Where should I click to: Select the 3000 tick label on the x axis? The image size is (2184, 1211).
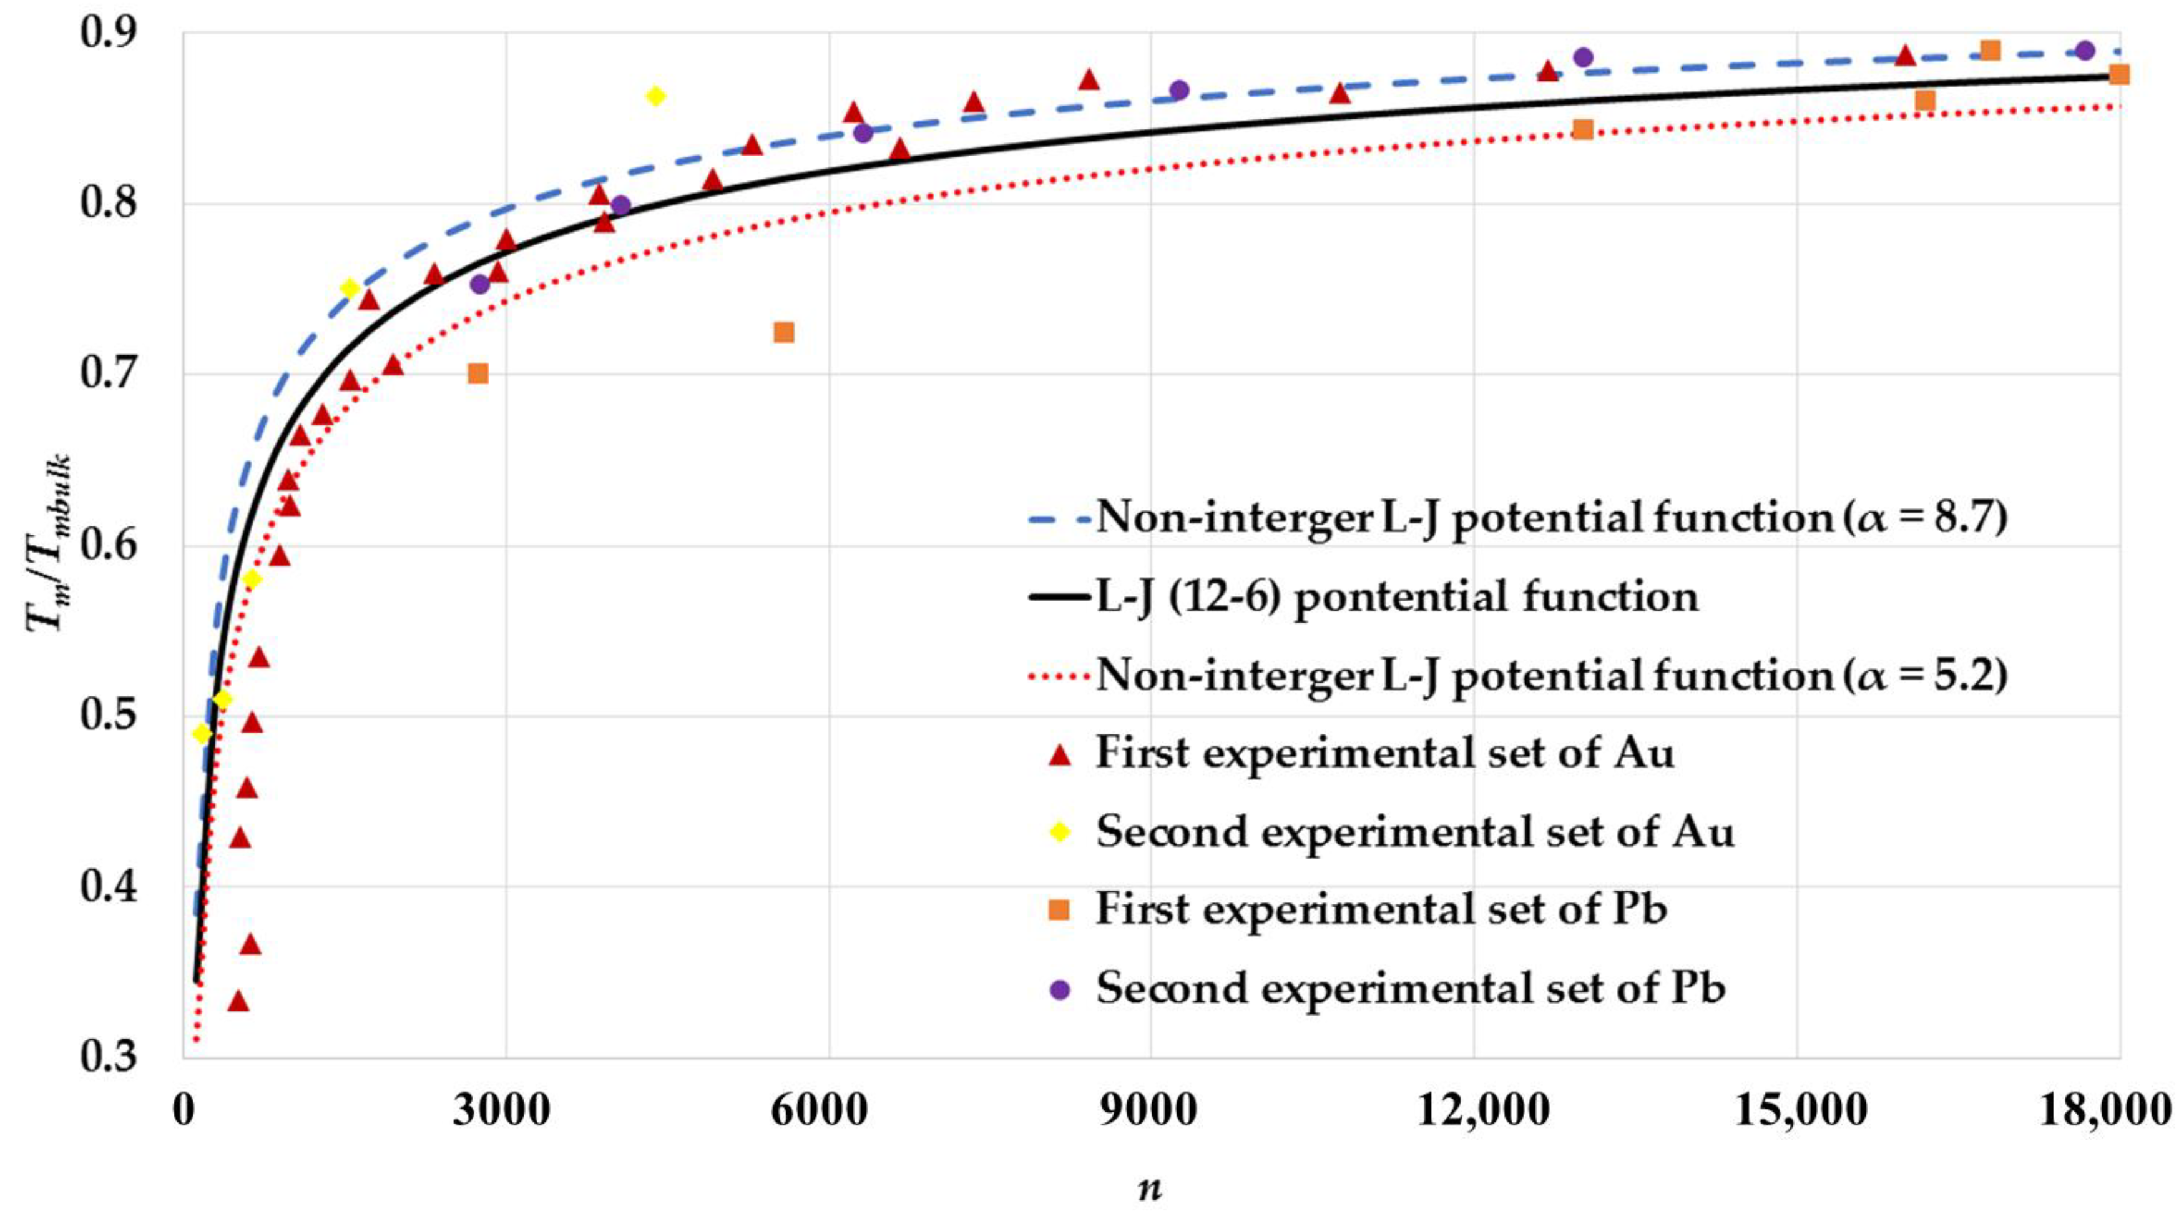[x=506, y=1112]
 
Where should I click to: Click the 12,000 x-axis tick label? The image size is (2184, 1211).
[x=1474, y=1112]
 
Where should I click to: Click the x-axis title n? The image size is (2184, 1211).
[x=1150, y=1187]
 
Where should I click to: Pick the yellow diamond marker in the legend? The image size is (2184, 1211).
[x=1059, y=833]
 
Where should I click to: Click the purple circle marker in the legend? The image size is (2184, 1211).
[x=1059, y=989]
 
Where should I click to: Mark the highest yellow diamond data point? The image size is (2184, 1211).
[x=655, y=96]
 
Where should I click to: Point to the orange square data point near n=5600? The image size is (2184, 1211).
[x=784, y=332]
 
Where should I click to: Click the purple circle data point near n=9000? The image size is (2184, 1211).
[x=1178, y=90]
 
